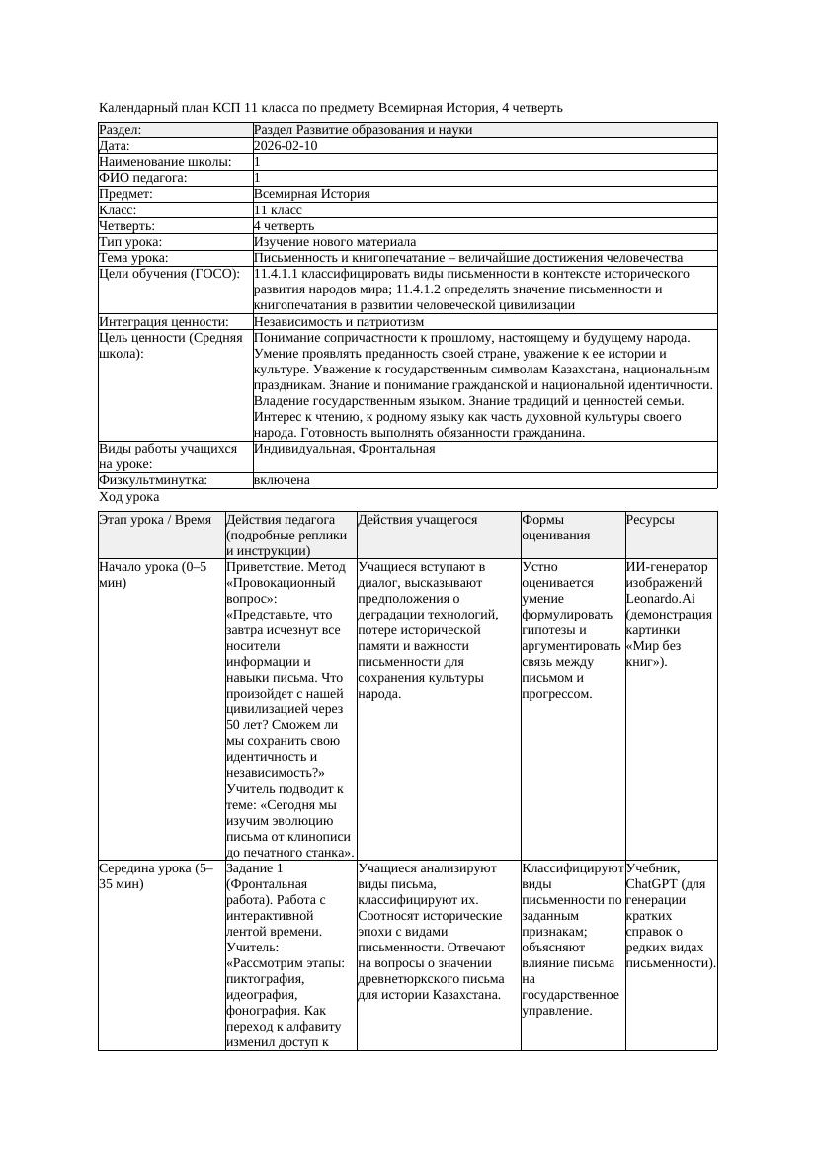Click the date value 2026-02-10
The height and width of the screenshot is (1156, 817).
point(286,146)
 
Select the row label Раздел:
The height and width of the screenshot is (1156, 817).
point(121,130)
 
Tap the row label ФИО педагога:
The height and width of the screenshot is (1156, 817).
point(143,178)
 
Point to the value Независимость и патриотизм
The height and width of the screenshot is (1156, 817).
point(339,322)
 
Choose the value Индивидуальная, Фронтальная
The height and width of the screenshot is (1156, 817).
point(345,449)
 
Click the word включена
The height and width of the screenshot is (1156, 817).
point(282,480)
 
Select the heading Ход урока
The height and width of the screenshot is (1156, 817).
point(129,498)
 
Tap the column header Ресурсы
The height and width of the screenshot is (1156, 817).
point(650,520)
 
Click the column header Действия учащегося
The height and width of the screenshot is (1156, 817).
point(418,520)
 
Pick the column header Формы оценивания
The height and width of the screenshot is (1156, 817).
point(556,528)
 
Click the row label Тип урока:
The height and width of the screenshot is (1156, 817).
point(130,242)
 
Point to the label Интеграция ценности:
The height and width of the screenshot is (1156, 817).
point(163,322)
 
